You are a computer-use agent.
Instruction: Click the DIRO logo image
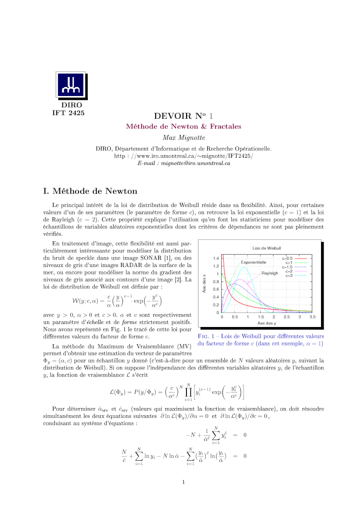(x=72, y=85)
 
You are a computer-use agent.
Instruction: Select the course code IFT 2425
(x=68, y=113)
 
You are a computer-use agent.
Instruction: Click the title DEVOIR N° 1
(x=183, y=116)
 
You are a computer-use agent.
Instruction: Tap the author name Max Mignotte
(x=183, y=137)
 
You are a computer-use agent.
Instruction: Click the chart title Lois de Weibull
(x=267, y=248)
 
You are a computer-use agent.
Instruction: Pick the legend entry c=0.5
(x=287, y=258)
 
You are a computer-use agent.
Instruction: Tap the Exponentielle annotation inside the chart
(x=253, y=262)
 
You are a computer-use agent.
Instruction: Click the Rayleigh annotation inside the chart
(x=270, y=273)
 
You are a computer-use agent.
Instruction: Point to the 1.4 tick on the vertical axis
(x=216, y=258)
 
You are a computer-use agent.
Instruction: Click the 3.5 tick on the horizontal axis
(x=312, y=317)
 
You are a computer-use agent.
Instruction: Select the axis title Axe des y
(x=267, y=323)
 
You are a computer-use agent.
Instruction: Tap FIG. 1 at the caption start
(x=205, y=336)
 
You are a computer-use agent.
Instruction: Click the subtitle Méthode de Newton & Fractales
(x=183, y=126)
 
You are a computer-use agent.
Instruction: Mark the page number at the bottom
(x=183, y=482)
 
